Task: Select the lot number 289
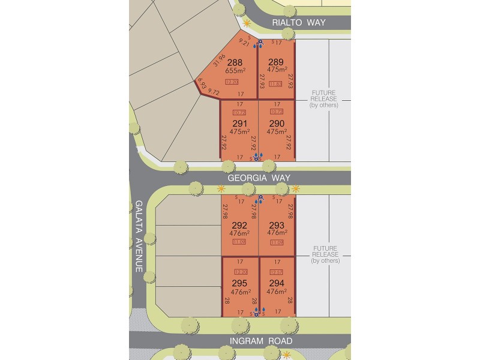(276, 61)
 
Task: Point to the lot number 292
(239, 226)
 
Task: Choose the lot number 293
(276, 226)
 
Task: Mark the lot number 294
(276, 284)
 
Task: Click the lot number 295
(239, 284)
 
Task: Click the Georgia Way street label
(259, 178)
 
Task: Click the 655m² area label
(235, 70)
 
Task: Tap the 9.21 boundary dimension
(244, 42)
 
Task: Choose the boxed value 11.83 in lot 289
(276, 83)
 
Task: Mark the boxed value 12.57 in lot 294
(277, 272)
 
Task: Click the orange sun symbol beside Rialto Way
(245, 22)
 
